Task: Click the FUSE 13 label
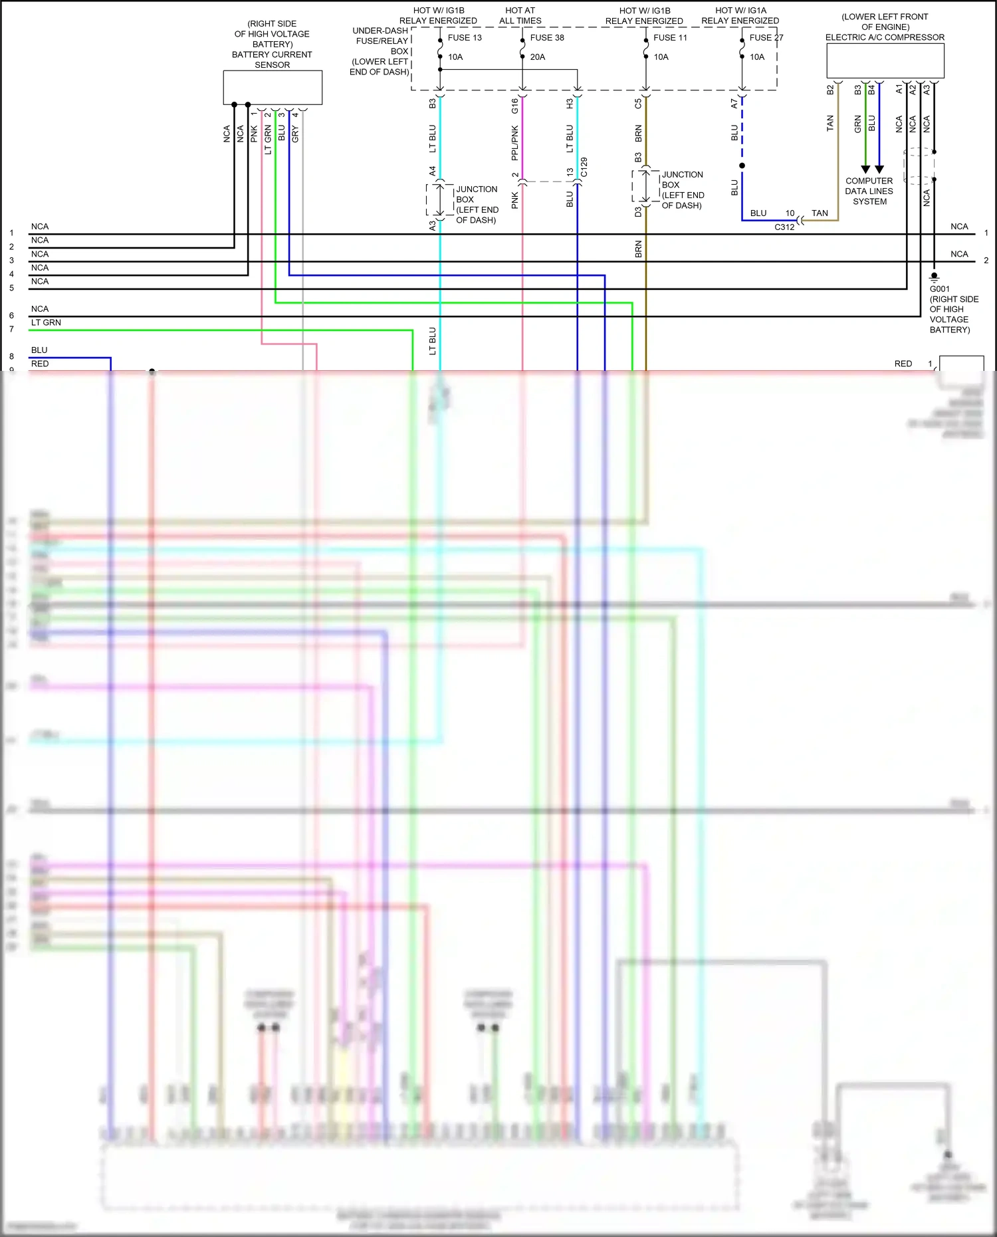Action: coord(465,38)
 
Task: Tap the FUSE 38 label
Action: coord(547,38)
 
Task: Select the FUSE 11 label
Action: coord(670,38)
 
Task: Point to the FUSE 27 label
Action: coord(766,38)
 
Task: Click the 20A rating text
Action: coord(538,57)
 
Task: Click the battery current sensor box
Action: coord(273,88)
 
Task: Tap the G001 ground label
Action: coord(939,289)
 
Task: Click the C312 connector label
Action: coord(784,227)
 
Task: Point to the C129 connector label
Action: coord(584,167)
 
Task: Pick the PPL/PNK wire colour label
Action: coord(514,143)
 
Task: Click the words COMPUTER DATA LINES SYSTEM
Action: coord(869,191)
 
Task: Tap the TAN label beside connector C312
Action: coord(820,213)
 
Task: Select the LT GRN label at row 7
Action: coord(46,323)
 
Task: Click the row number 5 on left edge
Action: coord(11,288)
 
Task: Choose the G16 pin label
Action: coord(514,105)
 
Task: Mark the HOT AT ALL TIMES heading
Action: coord(520,15)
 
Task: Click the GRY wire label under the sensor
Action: coord(295,134)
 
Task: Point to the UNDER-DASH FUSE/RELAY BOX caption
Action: coord(380,51)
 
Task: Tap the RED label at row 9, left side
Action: coord(40,364)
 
